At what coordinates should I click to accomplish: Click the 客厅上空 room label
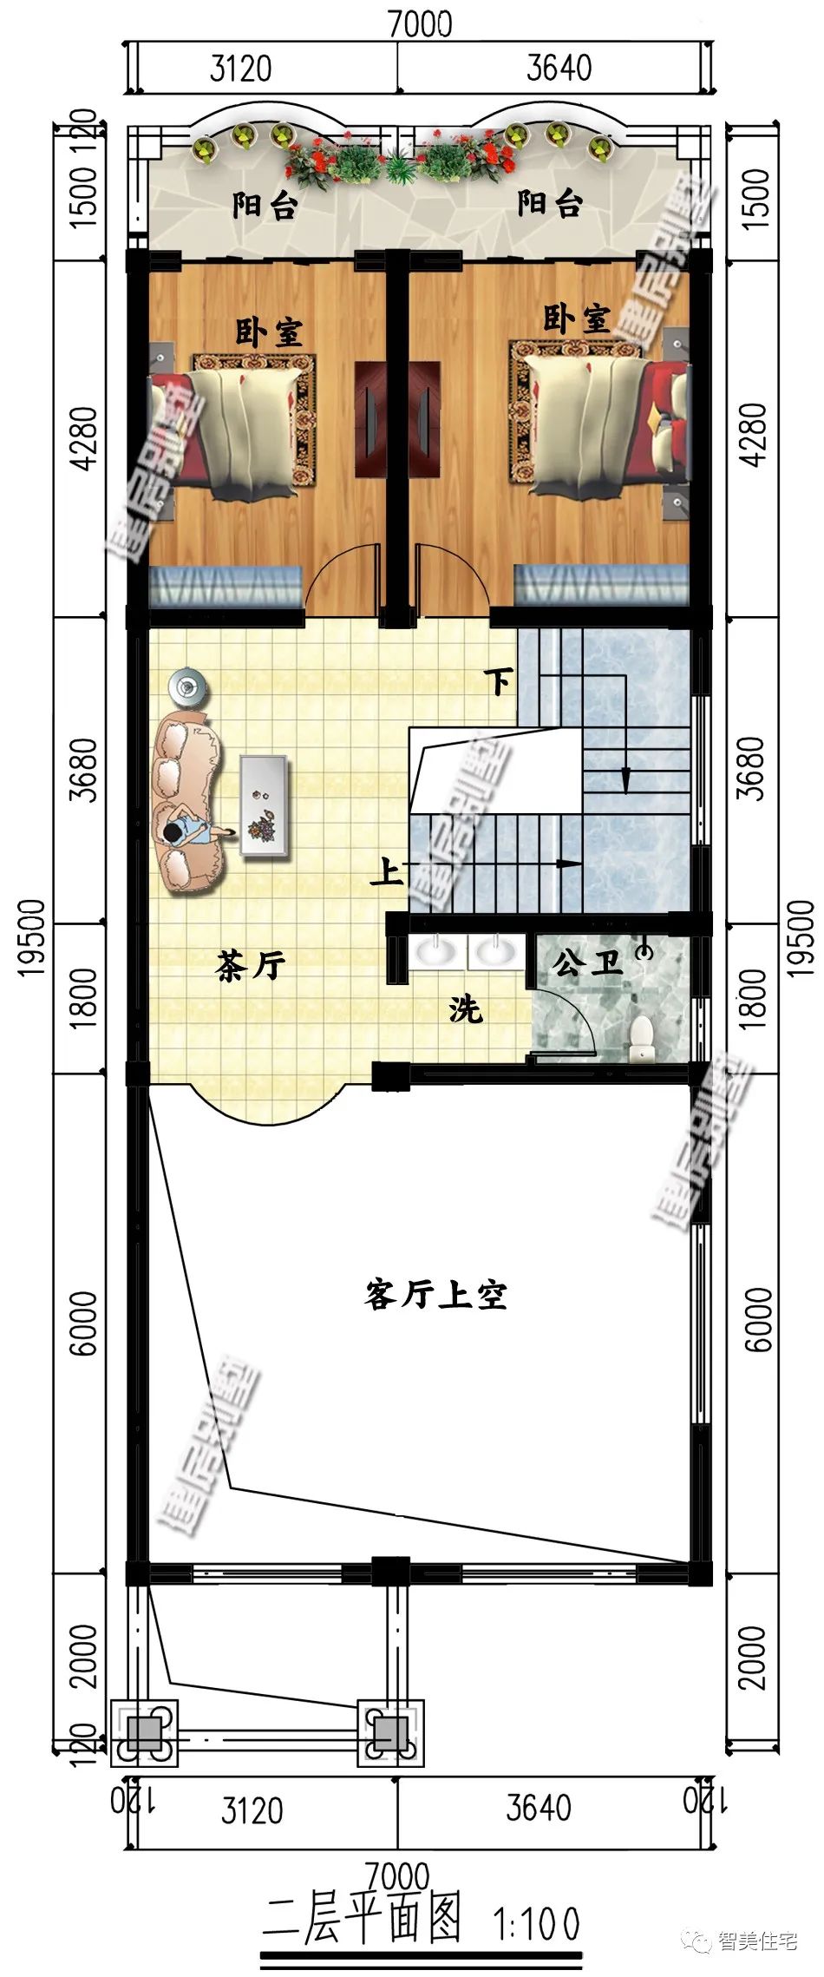[435, 1295]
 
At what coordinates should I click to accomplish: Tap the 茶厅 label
[251, 965]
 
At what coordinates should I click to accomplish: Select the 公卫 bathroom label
[587, 962]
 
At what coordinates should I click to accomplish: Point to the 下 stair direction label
[499, 682]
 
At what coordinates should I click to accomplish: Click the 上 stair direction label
[386, 871]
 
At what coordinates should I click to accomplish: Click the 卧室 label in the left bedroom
[269, 332]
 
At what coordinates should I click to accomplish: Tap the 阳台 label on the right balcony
[550, 204]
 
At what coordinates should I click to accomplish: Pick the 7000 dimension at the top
[420, 23]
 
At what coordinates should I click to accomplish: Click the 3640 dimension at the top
[559, 69]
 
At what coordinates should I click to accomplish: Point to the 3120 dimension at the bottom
[252, 1811]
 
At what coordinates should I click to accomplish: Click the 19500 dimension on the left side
[32, 937]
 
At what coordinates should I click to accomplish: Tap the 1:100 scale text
[537, 1922]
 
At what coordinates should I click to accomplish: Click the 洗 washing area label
[466, 1009]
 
